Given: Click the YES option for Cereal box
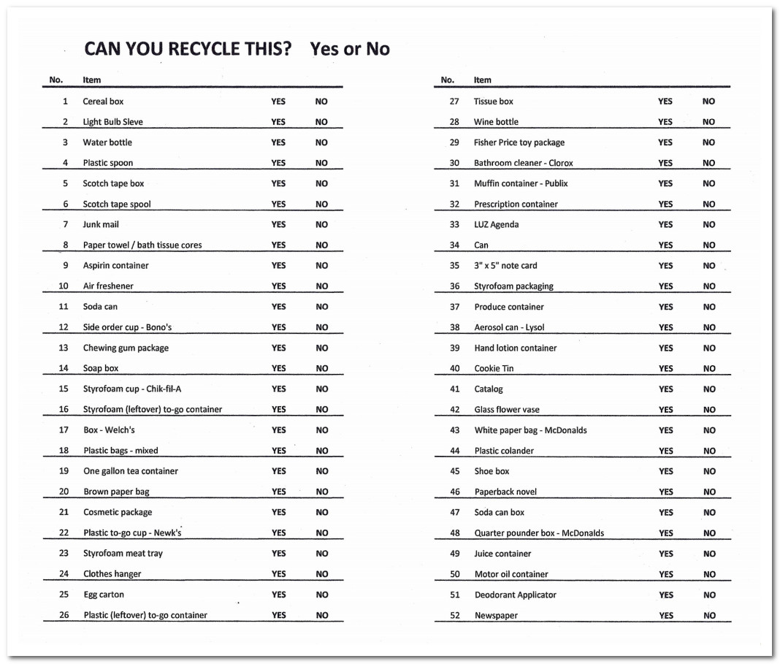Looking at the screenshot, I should tap(278, 102).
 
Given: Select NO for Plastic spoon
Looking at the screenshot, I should tap(321, 163).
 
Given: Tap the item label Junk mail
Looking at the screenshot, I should tap(101, 224).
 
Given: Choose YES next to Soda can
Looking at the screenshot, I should tap(278, 307).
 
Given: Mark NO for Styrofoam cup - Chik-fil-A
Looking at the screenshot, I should tap(321, 389).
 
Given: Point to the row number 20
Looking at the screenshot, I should tap(64, 492).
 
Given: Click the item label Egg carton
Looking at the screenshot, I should tap(104, 595).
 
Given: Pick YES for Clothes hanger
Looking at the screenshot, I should tap(278, 574).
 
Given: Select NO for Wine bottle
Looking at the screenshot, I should tap(708, 122).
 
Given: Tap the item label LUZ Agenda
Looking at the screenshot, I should tap(496, 224).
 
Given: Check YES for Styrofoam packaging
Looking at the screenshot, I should tap(665, 286).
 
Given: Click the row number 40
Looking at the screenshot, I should tap(454, 368).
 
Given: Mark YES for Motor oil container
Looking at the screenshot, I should tap(665, 574).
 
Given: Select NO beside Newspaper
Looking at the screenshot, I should tap(709, 615).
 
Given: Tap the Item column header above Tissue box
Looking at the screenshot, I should tap(483, 80).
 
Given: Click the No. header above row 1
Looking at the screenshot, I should tap(56, 80).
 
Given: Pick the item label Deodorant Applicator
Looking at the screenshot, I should tap(515, 595).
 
